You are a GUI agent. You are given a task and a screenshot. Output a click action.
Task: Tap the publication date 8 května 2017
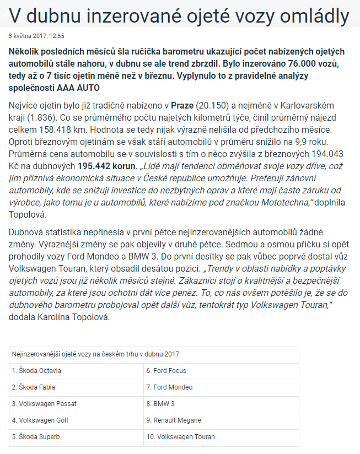pyautogui.click(x=27, y=36)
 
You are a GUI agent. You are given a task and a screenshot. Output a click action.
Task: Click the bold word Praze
pyautogui.click(x=182, y=105)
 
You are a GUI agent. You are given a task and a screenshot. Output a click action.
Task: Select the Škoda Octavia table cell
pyautogui.click(x=37, y=371)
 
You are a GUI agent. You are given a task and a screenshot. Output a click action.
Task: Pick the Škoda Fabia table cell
pyautogui.click(x=34, y=387)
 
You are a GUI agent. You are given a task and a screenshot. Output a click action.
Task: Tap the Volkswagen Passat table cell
pyautogui.click(x=44, y=404)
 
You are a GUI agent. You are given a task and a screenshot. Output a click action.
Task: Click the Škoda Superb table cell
pyautogui.click(x=35, y=437)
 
